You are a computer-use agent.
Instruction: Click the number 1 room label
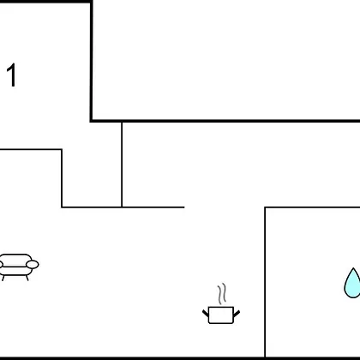(12, 75)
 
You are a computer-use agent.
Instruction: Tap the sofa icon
(19, 267)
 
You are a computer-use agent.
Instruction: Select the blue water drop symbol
(352, 284)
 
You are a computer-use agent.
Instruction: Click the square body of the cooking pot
(221, 315)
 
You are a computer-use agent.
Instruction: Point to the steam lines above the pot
(222, 294)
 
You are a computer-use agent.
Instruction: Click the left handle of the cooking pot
(206, 313)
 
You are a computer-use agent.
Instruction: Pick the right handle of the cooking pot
(237, 313)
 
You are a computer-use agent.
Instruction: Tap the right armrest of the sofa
(33, 265)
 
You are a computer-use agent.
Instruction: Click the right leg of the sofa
(27, 278)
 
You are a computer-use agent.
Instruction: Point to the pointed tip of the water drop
(353, 268)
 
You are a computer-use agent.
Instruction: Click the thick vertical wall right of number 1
(91, 62)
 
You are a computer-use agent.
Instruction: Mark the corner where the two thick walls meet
(91, 121)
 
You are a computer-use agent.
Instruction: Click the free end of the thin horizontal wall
(184, 207)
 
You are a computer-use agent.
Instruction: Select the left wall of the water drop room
(265, 282)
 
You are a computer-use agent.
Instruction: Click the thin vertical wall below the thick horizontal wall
(122, 165)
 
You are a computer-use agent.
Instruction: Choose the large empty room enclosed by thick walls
(225, 60)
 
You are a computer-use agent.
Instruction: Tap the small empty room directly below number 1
(30, 177)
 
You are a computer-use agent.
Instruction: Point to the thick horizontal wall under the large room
(225, 121)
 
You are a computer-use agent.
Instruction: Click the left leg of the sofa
(3, 278)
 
